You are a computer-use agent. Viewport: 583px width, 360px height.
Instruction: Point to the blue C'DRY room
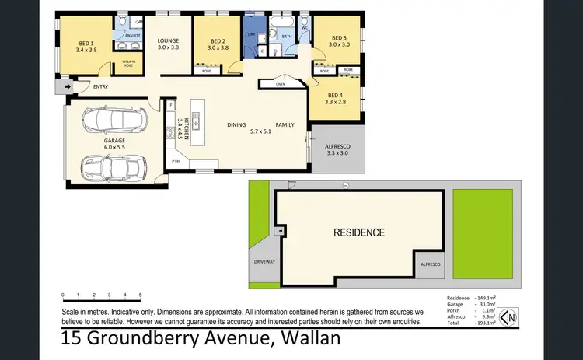pos(251,36)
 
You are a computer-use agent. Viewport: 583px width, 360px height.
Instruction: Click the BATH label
pos(286,36)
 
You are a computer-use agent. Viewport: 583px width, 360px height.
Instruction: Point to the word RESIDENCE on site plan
pos(358,232)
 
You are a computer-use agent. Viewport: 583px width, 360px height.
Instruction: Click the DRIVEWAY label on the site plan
pos(264,262)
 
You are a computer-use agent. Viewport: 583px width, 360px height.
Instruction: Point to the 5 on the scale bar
pos(141,295)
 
